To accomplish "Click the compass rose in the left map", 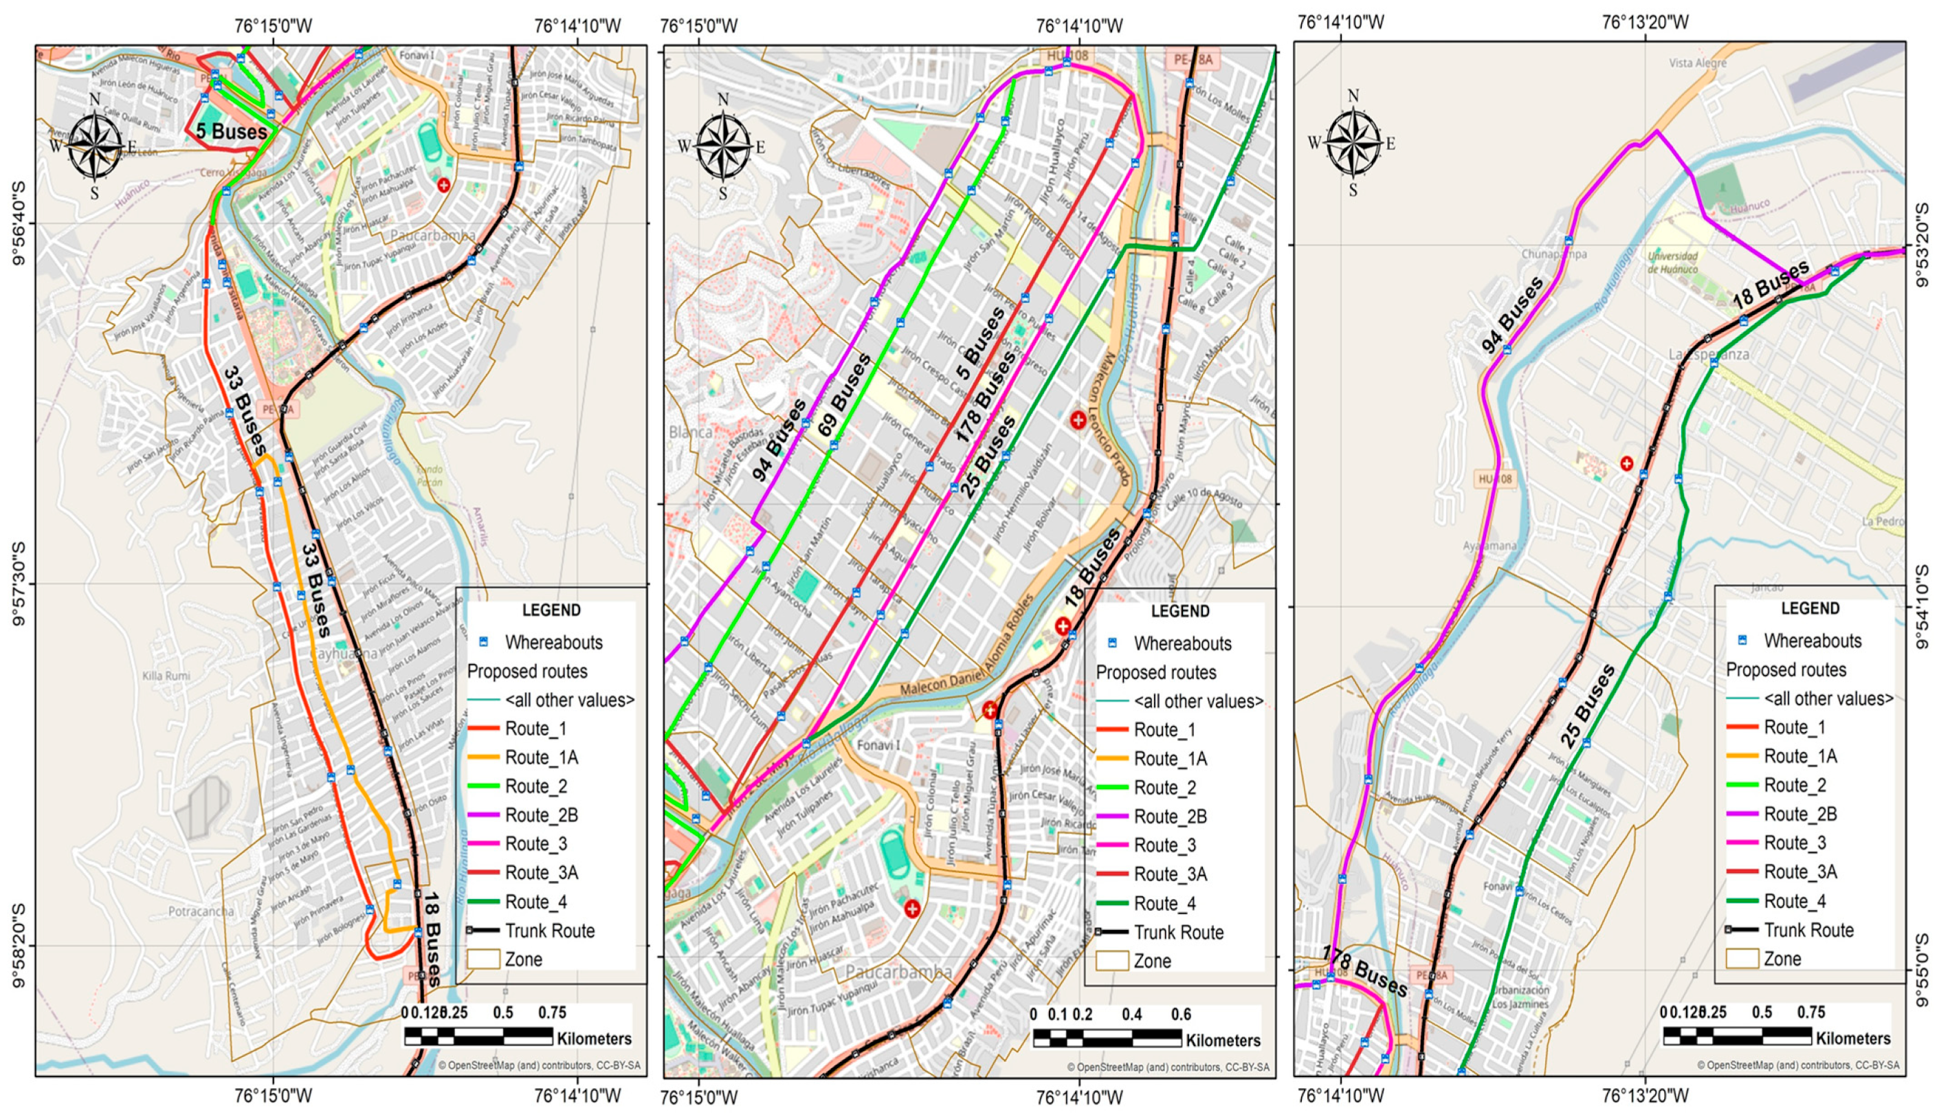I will pyautogui.click(x=95, y=144).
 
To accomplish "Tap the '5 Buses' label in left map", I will pyautogui.click(x=230, y=131).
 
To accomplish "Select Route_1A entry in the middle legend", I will pyautogui.click(x=1170, y=759).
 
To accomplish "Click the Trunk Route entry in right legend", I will pyautogui.click(x=1808, y=930).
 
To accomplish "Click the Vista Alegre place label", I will pyautogui.click(x=1697, y=63).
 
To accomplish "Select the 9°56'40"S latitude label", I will pyautogui.click(x=18, y=223).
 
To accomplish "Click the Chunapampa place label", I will pyautogui.click(x=1553, y=254).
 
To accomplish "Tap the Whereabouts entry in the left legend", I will pyautogui.click(x=553, y=642).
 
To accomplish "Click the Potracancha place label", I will pyautogui.click(x=201, y=911).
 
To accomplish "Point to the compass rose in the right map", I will pyautogui.click(x=1353, y=143).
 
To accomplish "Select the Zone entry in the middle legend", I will pyautogui.click(x=1151, y=961).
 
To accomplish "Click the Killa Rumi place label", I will pyautogui.click(x=166, y=676).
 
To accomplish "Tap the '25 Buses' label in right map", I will pyautogui.click(x=1586, y=707).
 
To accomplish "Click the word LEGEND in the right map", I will pyautogui.click(x=1810, y=608).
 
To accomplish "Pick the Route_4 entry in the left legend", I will pyautogui.click(x=535, y=902).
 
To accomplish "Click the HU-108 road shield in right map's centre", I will pyautogui.click(x=1495, y=479).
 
